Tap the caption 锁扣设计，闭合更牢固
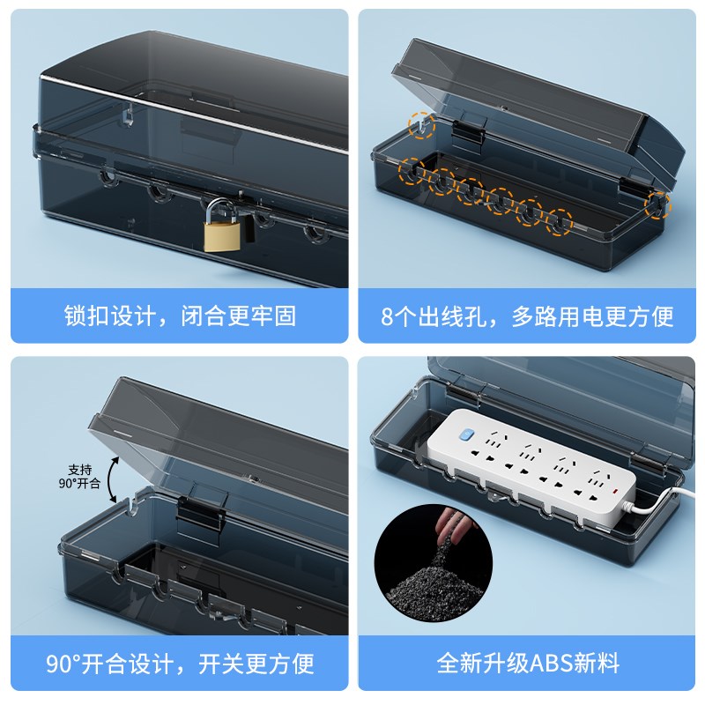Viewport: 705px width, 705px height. point(180,315)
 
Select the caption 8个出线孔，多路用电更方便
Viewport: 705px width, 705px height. point(526,315)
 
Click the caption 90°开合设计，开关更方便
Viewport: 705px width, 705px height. point(180,663)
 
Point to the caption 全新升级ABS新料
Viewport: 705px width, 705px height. point(526,663)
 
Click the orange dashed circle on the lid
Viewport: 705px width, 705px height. point(422,126)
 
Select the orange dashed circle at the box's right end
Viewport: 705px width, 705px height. point(656,204)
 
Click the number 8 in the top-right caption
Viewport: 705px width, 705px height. point(386,315)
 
